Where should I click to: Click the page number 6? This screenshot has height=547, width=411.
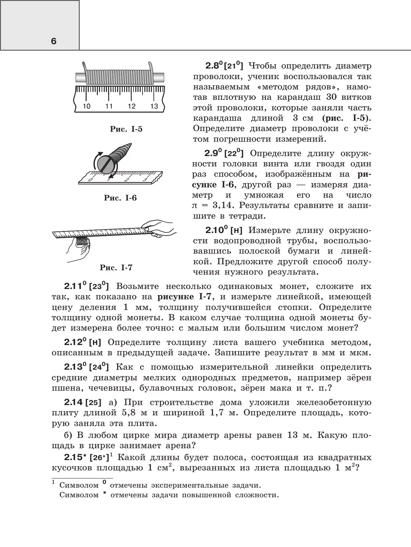point(53,41)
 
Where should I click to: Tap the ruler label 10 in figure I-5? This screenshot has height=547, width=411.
point(87,106)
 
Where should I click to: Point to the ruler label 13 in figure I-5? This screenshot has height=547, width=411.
point(154,106)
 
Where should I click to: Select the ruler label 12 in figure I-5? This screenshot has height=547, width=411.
point(132,106)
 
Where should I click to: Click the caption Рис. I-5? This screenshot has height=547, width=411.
point(126,130)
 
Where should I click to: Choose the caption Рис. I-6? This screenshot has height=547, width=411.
point(120,198)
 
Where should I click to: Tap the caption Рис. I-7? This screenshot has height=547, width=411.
point(116,268)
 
